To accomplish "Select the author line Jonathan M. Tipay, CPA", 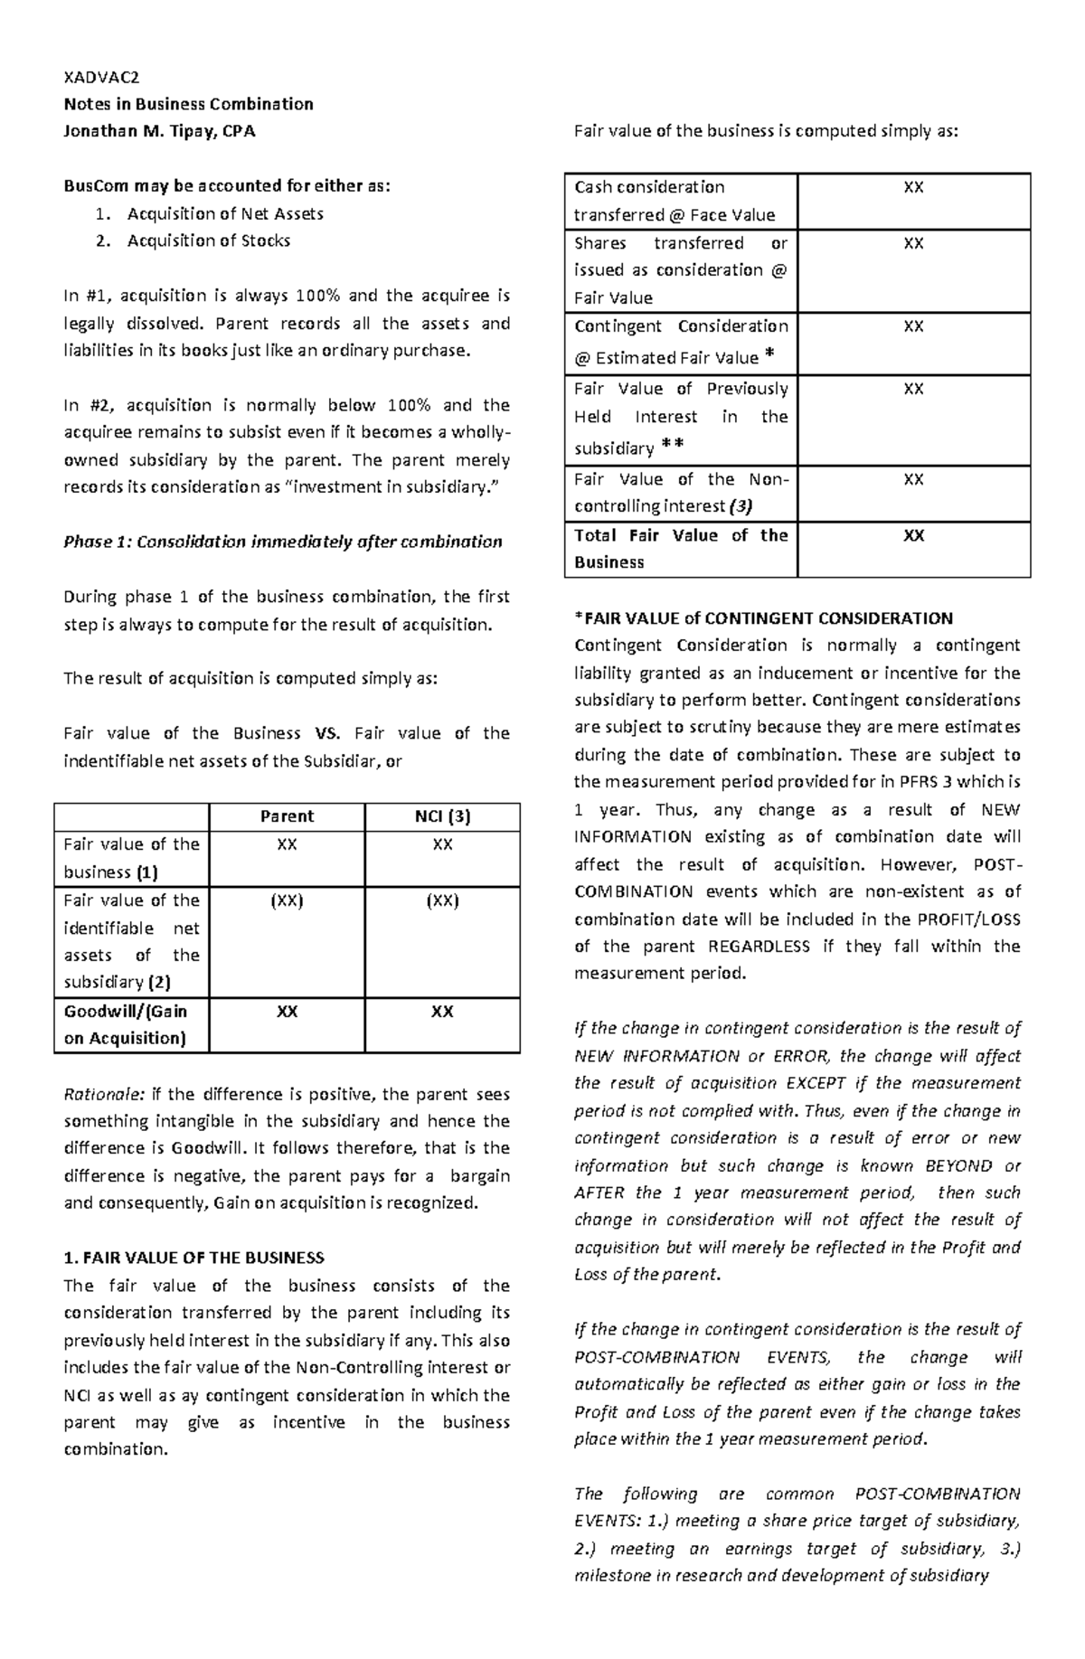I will [x=159, y=131].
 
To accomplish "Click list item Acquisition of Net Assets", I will [x=225, y=213].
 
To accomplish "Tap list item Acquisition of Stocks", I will [x=209, y=240].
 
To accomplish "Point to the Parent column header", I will [x=287, y=816].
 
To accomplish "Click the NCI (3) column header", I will [x=441, y=816].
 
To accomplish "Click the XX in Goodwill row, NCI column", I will [x=441, y=1012].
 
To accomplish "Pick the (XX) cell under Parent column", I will [x=287, y=900].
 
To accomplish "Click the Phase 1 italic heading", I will [x=282, y=542].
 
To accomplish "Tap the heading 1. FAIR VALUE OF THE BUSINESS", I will [x=193, y=1258].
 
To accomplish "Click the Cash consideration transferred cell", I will [x=675, y=201].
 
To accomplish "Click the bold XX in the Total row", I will [x=913, y=535].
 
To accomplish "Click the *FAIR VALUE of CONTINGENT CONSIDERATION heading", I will [x=763, y=618].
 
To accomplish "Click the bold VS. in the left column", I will [x=327, y=733].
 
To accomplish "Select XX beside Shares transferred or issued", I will [x=913, y=243].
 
